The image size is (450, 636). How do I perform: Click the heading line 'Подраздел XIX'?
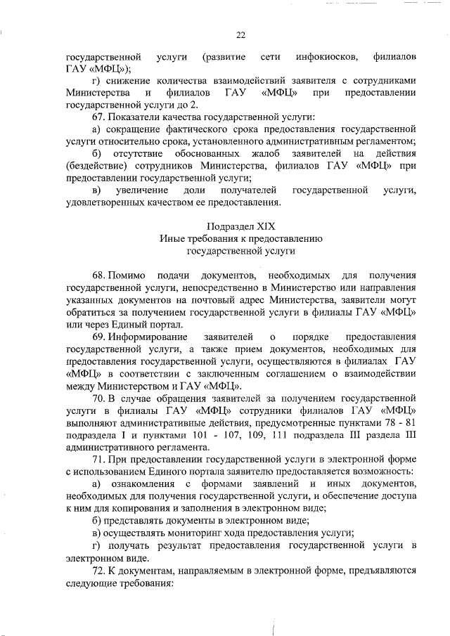click(x=240, y=226)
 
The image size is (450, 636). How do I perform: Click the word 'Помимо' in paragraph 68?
click(x=128, y=275)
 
